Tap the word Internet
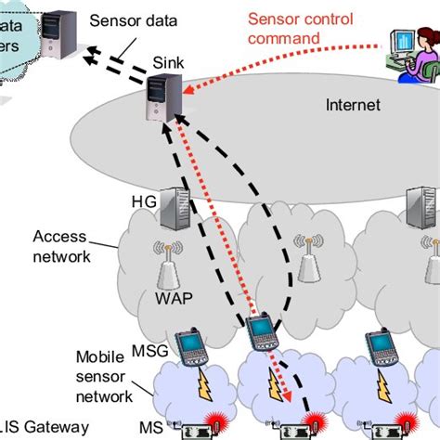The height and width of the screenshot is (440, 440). point(353,105)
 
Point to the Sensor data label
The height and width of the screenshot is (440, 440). point(129,19)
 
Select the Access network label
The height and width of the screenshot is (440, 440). point(61,246)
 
